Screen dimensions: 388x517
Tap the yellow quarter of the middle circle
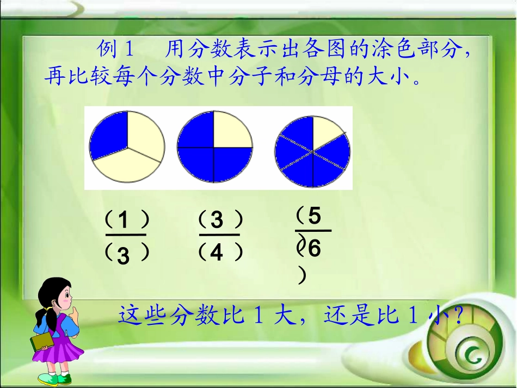coord(232,130)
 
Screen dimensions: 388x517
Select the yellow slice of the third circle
coord(323,132)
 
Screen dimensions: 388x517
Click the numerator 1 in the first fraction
coord(124,221)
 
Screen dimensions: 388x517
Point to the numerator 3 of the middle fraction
coord(217,220)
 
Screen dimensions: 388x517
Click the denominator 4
coord(217,253)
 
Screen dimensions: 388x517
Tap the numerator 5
coord(315,216)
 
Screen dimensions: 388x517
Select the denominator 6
coord(314,250)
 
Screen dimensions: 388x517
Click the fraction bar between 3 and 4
coord(219,235)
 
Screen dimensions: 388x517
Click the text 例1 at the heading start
coord(115,50)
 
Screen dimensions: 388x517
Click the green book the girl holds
coord(42,342)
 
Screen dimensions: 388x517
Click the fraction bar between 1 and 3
coord(126,235)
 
